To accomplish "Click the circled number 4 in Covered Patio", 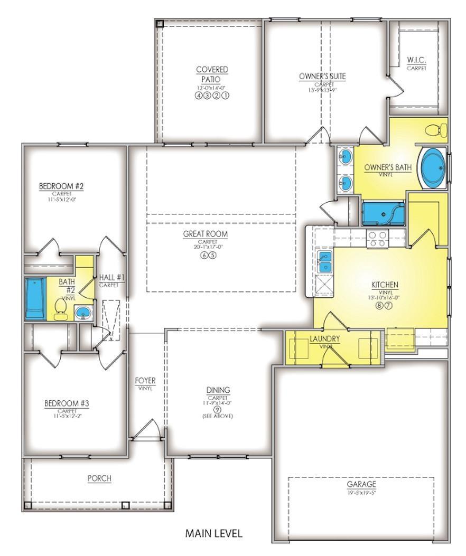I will click(199, 96).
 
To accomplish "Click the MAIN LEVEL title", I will click(213, 533).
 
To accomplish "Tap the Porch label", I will click(99, 478).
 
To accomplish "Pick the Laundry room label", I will click(324, 339).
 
